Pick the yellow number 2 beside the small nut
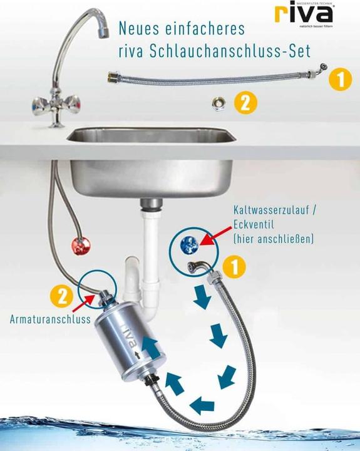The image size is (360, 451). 245,103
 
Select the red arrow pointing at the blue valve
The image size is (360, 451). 212,236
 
